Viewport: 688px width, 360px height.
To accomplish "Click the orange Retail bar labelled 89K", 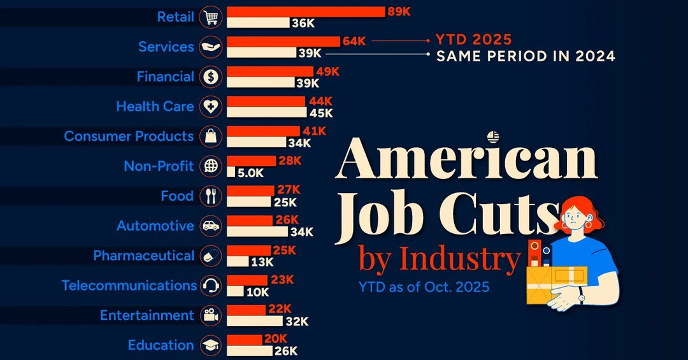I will click(x=306, y=11).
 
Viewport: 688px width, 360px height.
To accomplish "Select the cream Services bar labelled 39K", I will click(x=261, y=53).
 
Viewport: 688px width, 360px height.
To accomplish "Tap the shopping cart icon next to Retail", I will click(x=211, y=17).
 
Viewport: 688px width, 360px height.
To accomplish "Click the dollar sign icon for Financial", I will click(x=211, y=77).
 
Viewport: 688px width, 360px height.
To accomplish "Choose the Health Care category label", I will click(x=155, y=106).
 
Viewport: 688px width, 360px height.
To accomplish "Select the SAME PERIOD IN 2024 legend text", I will click(x=526, y=56).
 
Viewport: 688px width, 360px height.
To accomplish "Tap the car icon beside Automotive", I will click(x=211, y=226).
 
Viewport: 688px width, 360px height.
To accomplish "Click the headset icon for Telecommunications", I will click(x=211, y=285).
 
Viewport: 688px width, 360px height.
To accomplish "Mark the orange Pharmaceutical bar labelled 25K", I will click(x=249, y=250).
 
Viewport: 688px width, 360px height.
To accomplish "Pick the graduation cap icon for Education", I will click(x=211, y=345).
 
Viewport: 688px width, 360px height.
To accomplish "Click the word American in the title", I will click(x=466, y=159).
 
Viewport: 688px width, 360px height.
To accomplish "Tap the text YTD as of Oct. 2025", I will click(x=424, y=287).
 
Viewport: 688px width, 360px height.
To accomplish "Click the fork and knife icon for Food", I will click(x=211, y=196).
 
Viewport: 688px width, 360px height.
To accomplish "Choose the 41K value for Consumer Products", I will click(x=314, y=131).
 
